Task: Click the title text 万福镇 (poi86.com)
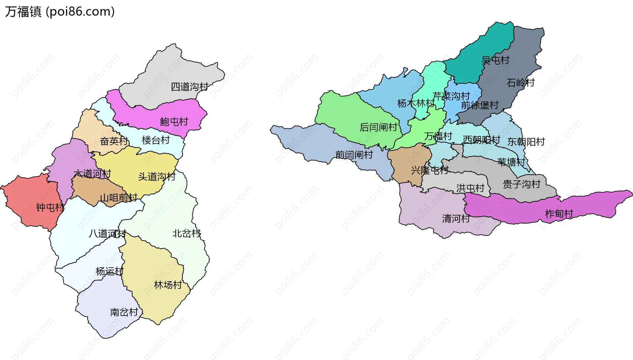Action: (x=60, y=12)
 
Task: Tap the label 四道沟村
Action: (x=190, y=87)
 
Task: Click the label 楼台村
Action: (x=156, y=140)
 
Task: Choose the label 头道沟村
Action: (x=157, y=177)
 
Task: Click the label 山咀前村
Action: (x=118, y=198)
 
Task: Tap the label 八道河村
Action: (x=107, y=233)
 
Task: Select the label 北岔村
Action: (x=187, y=233)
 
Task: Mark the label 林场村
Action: (x=168, y=285)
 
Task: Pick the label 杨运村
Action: (x=109, y=271)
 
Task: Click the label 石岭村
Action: (x=520, y=83)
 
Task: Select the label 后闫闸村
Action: (x=378, y=127)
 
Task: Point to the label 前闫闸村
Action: (x=354, y=155)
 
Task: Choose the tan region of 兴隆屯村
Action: (x=406, y=165)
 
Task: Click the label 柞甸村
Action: (x=559, y=214)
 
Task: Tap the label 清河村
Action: (x=456, y=219)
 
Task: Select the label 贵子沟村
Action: (x=521, y=184)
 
